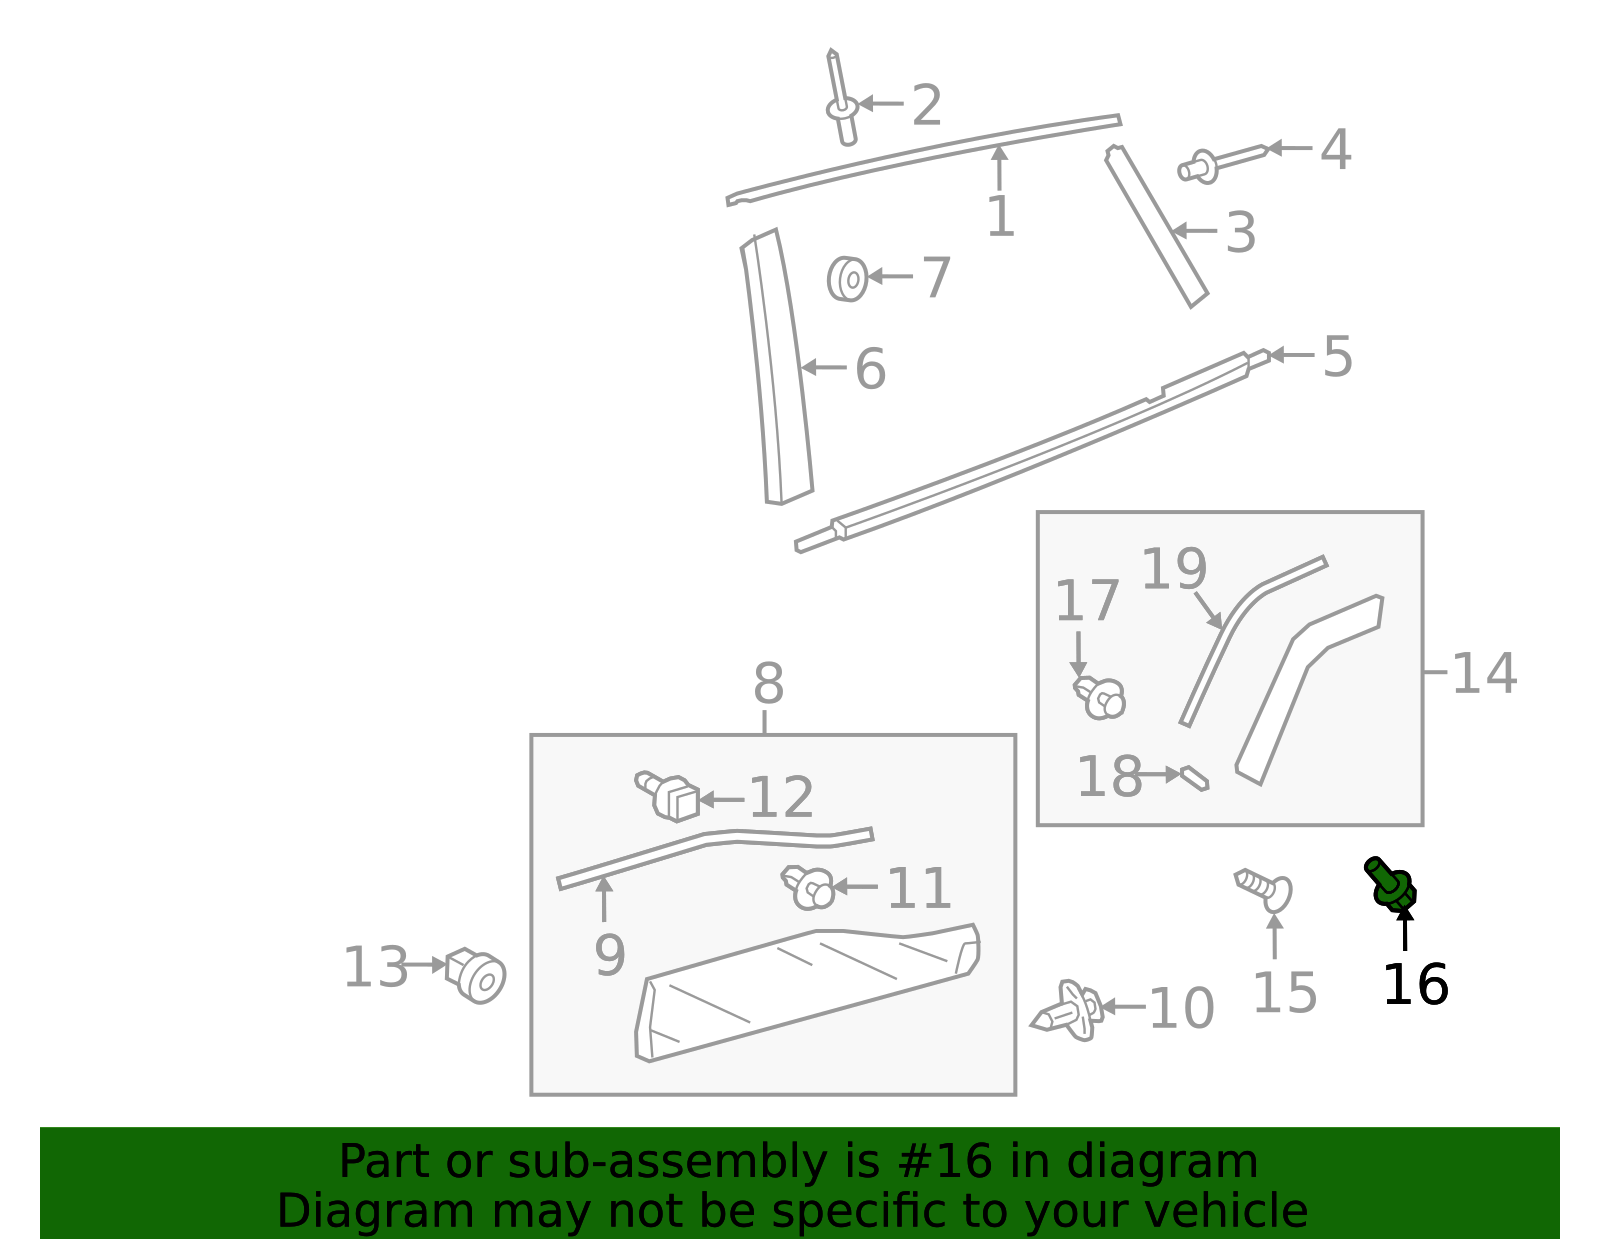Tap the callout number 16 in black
1414,985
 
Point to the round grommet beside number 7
847,279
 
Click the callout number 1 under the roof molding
1000,217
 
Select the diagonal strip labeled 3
1158,228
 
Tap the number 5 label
1337,356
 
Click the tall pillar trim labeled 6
778,370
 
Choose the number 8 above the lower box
768,685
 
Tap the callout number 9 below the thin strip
609,955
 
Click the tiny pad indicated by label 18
1194,777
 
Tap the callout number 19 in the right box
1173,569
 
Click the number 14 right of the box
1484,673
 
